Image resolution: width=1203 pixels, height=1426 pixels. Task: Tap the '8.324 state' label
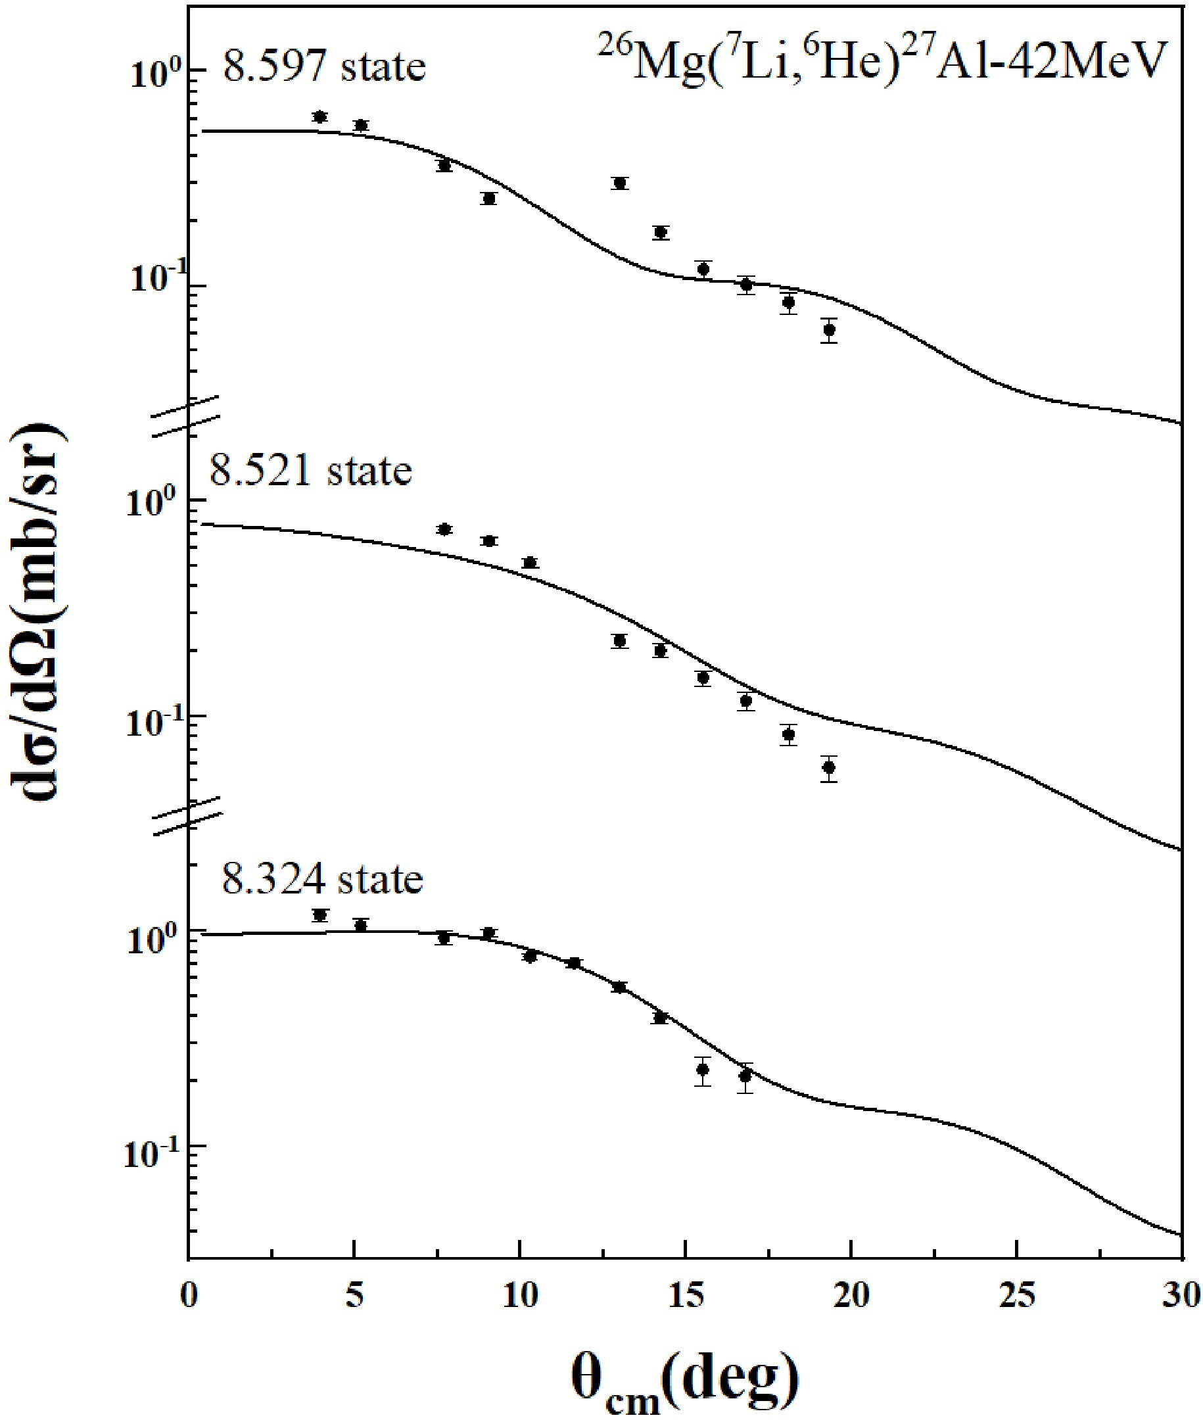[322, 879]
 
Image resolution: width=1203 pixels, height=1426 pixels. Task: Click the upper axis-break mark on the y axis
[185, 416]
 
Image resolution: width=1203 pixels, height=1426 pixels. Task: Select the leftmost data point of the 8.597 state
[320, 116]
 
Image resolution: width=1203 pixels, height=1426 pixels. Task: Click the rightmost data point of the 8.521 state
[829, 767]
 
